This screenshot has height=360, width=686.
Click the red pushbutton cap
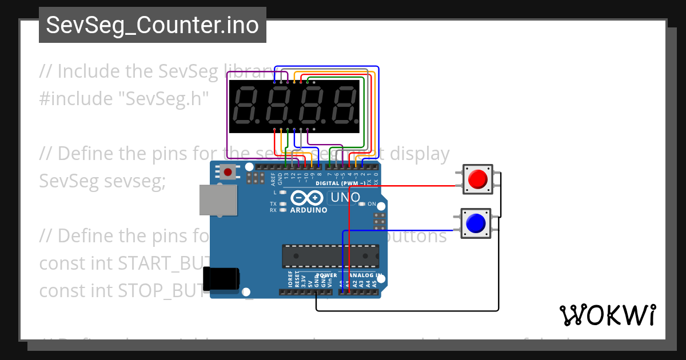[476, 179]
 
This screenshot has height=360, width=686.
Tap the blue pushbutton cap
[476, 223]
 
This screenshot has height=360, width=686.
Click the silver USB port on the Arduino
[217, 200]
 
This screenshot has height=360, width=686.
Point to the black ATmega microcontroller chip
[330, 256]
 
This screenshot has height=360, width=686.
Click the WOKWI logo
[607, 315]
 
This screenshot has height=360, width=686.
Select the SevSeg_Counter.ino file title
[152, 25]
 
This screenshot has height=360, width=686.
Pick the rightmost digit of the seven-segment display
[343, 105]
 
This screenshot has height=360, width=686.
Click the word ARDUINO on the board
[309, 210]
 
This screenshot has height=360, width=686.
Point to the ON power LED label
[372, 204]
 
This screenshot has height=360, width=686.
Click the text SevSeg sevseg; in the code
[102, 181]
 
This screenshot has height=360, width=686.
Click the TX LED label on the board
[273, 204]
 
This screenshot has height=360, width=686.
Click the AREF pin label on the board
[273, 180]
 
